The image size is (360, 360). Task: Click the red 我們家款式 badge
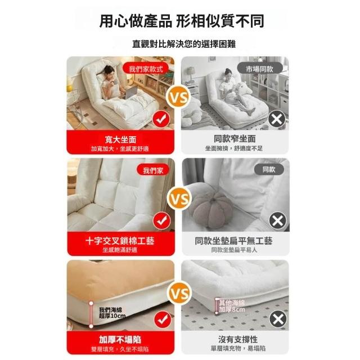146,69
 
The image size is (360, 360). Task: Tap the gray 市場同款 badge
260,69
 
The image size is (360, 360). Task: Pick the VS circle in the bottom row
180,294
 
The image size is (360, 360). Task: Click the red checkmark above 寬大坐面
161,119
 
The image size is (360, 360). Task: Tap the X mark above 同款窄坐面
277,119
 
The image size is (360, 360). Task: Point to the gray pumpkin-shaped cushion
213,209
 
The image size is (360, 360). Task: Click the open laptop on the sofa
131,92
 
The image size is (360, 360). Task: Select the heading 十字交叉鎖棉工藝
120,241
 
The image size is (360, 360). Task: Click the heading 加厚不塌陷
120,339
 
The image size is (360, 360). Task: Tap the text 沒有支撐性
238,339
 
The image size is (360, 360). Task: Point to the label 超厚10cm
112,316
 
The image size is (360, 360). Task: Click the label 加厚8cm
232,310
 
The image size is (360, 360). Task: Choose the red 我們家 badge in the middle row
153,170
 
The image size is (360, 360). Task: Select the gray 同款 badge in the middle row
269,170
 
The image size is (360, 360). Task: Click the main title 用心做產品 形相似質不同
182,21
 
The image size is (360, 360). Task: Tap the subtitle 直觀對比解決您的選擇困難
184,44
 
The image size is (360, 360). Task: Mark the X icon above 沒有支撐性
278,319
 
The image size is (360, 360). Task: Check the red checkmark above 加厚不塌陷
163,319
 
